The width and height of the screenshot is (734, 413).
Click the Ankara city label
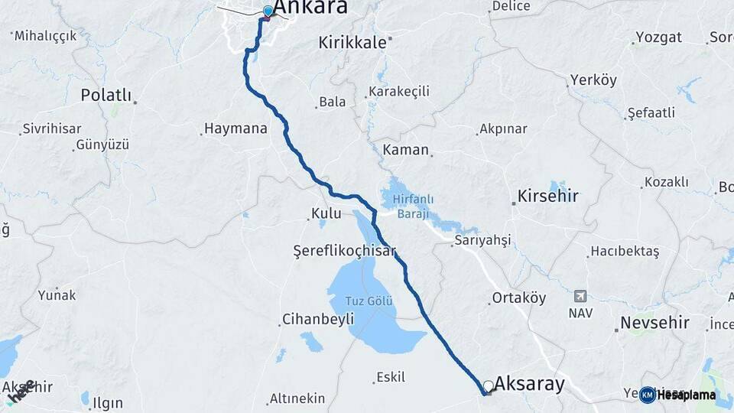[310, 8]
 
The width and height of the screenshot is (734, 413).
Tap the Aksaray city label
[529, 383]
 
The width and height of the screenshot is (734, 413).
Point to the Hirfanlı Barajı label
[413, 204]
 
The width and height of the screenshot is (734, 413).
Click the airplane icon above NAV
[580, 296]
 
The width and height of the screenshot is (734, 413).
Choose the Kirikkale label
[352, 43]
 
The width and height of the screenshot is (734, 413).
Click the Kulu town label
[326, 213]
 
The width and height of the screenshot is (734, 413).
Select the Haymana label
[235, 128]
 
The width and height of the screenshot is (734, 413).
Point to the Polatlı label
[106, 96]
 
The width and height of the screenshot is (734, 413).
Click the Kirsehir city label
[548, 196]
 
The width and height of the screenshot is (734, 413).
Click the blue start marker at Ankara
[268, 11]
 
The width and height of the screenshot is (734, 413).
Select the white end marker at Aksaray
[488, 385]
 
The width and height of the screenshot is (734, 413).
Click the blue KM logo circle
[648, 395]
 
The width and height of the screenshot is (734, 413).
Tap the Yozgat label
[658, 38]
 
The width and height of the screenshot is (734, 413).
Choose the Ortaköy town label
[519, 298]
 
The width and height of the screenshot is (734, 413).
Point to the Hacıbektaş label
[624, 252]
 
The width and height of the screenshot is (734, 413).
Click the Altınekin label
[297, 398]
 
